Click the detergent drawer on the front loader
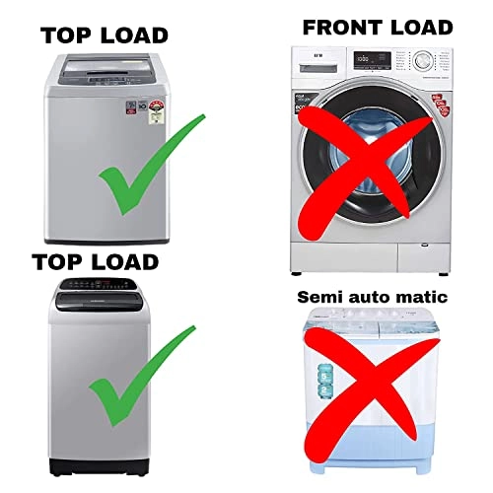click(317, 59)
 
